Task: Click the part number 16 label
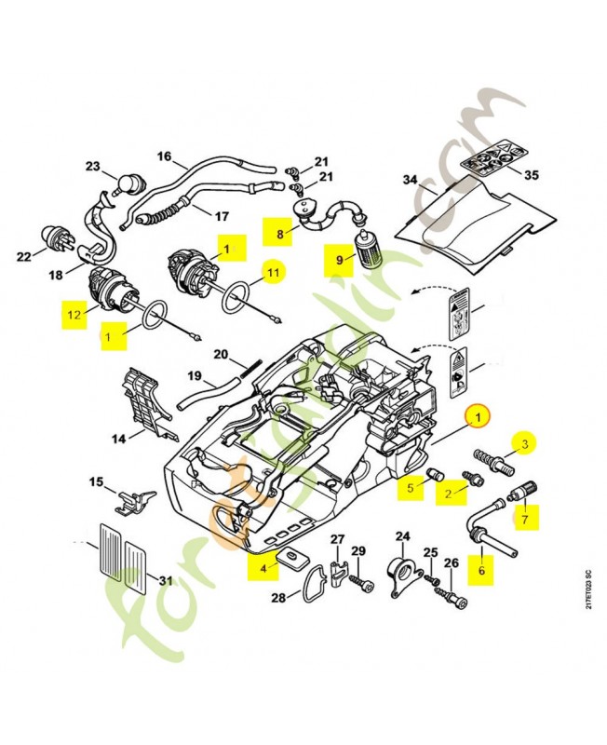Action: [164, 156]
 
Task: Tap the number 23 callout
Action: [92, 167]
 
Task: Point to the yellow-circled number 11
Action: [273, 273]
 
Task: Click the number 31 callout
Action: [165, 581]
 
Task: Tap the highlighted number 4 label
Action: [263, 565]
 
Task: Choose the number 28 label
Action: [277, 597]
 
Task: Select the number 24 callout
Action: [403, 536]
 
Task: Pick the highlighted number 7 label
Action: [526, 513]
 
